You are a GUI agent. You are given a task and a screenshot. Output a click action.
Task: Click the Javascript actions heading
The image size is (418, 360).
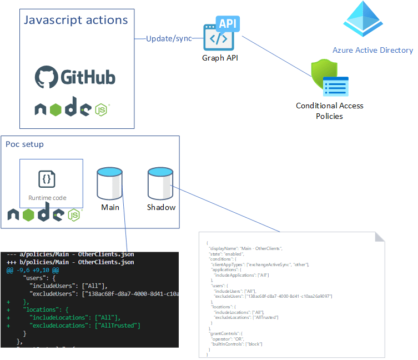(76, 21)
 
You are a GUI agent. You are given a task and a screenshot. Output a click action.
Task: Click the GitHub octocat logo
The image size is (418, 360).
(46, 78)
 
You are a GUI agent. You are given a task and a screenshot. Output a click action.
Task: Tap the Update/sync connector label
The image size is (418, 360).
(169, 39)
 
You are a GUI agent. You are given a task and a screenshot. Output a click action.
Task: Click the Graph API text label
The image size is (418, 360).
(220, 58)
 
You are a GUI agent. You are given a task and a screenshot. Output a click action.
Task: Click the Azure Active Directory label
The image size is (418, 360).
(372, 50)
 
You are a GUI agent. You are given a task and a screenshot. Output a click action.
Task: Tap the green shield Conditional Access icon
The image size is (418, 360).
(323, 76)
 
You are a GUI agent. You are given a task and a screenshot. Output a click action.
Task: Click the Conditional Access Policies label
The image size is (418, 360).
(330, 111)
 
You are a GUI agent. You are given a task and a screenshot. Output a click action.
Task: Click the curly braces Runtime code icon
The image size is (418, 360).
(47, 179)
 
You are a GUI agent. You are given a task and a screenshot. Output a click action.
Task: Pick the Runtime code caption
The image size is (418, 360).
(47, 198)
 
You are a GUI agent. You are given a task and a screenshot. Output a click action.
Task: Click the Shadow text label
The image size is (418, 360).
(161, 207)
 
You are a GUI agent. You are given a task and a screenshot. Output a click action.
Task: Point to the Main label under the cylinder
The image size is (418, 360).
(110, 207)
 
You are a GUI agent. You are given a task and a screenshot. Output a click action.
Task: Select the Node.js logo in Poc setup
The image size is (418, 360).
(43, 214)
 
